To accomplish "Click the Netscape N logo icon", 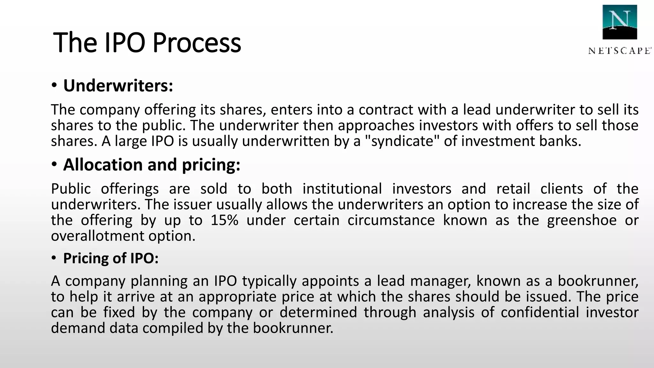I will [620, 22].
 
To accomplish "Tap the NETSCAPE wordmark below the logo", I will [619, 51].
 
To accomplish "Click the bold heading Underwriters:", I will [118, 86].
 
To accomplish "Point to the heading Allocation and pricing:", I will [151, 165].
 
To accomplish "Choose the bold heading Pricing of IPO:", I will [110, 258].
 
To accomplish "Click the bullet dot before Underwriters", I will [54, 86].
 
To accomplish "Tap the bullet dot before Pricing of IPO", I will [54, 258].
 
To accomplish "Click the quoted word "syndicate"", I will [402, 141].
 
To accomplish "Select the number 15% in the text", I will [224, 220].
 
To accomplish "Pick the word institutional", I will [342, 188].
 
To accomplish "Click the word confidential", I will [540, 312].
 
